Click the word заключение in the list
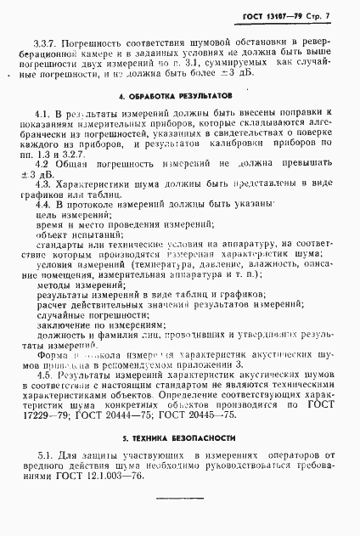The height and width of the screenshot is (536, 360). (x=55, y=324)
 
